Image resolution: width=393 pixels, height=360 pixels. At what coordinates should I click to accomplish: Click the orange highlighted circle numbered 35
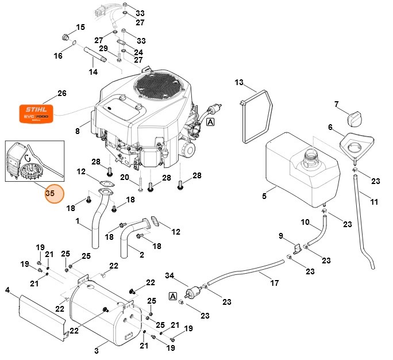point(50,194)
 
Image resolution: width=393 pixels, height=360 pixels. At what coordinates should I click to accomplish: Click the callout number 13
point(239,83)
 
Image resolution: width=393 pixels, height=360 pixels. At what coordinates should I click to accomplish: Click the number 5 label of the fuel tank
point(264,196)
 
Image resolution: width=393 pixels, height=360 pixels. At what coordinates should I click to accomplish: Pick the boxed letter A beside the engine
point(210,122)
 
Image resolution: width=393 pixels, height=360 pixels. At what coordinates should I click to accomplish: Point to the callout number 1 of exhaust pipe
point(78,221)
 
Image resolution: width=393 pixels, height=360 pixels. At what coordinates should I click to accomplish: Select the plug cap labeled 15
point(65,38)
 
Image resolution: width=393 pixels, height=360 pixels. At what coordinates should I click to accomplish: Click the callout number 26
point(62,93)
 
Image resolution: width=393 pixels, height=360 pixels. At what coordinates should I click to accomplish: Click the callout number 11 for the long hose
point(374,202)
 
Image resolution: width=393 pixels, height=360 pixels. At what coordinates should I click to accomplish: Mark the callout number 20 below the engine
point(125,177)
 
